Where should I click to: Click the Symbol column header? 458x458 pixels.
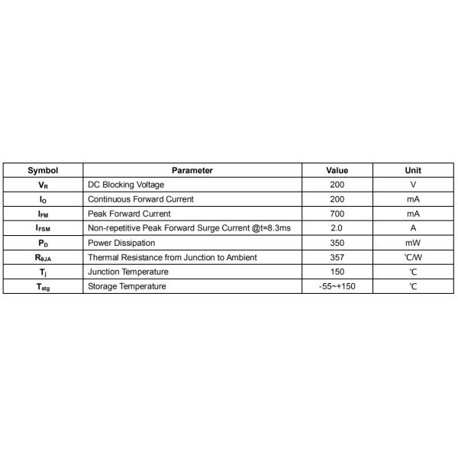pos(43,170)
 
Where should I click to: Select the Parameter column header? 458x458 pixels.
pos(192,170)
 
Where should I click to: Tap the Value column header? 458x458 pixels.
pos(337,170)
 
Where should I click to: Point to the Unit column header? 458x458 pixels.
pos(413,170)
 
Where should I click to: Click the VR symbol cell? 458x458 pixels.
pos(43,185)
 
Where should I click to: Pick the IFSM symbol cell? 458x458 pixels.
pos(43,228)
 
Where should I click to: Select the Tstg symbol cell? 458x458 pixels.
pos(43,287)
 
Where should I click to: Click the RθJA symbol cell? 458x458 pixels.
pos(43,258)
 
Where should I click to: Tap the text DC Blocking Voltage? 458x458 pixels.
pos(126,185)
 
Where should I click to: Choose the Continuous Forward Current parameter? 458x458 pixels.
pos(140,199)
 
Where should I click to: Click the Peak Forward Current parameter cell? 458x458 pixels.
pos(129,214)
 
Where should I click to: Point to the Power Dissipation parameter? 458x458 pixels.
pos(121,243)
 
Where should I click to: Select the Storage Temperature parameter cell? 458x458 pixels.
pos(127,286)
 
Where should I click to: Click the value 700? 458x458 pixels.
pos(337,214)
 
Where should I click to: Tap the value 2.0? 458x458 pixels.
pos(337,228)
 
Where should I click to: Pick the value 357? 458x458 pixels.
pos(337,257)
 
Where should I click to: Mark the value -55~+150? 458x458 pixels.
pos(337,286)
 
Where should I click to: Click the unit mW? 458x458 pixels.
pos(413,243)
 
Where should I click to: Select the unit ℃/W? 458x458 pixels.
pos(413,257)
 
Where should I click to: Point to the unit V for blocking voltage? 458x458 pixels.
pos(413,185)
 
